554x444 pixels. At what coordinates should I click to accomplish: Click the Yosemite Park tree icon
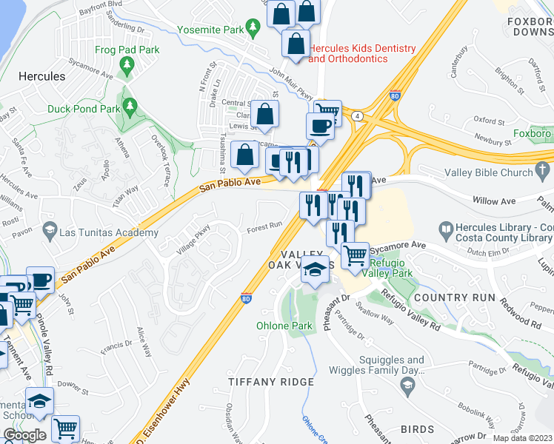[x=253, y=27]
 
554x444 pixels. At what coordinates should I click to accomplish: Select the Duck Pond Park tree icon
[x=130, y=107]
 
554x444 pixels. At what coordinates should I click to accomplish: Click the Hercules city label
[x=41, y=76]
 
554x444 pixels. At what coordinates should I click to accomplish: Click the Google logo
[x=24, y=435]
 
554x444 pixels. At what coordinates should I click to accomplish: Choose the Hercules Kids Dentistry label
[x=362, y=53]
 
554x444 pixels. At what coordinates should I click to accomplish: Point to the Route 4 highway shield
[x=358, y=116]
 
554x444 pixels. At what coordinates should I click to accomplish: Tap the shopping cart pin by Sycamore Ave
[x=356, y=255]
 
